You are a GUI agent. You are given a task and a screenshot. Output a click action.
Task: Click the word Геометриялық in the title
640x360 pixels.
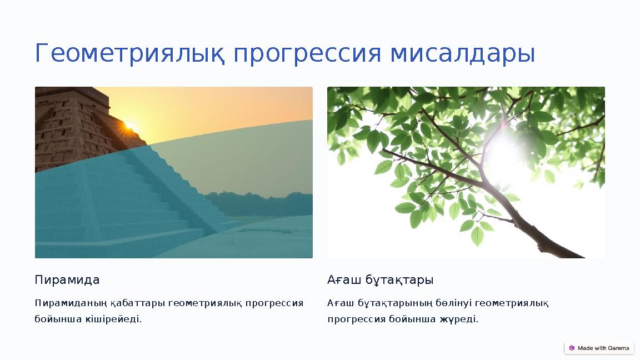131,54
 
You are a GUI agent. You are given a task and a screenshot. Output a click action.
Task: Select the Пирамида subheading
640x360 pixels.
67,280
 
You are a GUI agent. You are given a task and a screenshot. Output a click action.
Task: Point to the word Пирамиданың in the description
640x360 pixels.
70,303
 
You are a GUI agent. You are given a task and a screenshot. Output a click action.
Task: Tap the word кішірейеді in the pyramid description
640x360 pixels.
113,319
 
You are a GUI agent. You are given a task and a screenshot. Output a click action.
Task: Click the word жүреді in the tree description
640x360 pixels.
459,319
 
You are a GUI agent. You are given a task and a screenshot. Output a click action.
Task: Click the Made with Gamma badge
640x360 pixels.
599,348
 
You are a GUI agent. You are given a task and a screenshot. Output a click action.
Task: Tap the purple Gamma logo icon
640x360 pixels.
572,348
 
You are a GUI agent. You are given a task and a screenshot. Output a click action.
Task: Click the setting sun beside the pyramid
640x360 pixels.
129,126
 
